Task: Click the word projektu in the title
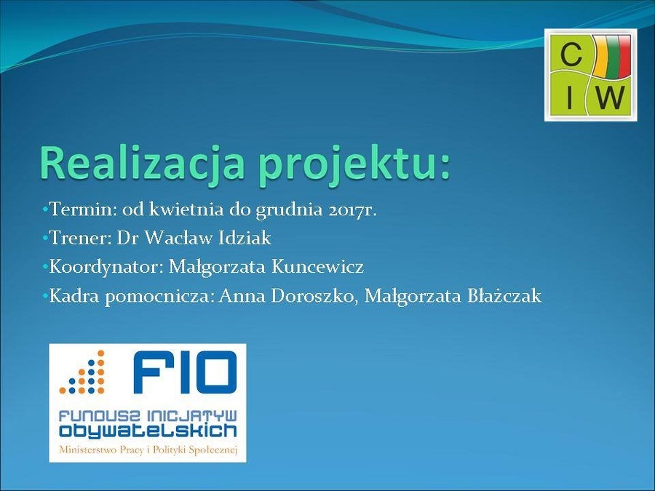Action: coord(344,164)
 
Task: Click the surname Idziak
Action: coord(245,239)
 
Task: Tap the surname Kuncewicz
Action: coord(317,267)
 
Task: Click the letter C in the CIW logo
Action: coord(571,55)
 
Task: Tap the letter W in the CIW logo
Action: coord(611,97)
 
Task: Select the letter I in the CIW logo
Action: coord(569,97)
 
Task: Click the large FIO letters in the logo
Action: coord(185,372)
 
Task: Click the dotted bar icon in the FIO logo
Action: coord(82,372)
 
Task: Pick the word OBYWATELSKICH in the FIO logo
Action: coord(148,431)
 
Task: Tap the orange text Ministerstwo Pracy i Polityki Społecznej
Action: coord(148,450)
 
